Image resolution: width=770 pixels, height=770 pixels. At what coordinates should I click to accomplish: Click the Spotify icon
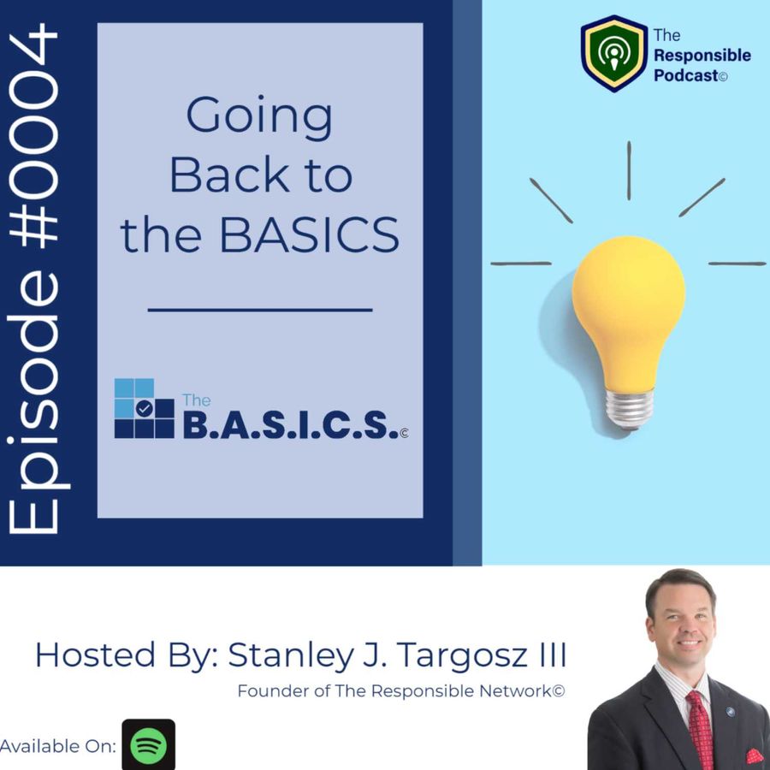tap(148, 744)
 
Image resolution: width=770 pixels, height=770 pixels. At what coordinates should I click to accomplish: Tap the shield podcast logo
tap(613, 53)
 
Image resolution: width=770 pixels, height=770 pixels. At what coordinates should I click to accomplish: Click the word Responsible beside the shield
tap(702, 56)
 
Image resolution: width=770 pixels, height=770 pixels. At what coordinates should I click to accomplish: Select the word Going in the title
tap(259, 117)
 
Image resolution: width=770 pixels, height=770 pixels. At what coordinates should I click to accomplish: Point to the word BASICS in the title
tap(309, 235)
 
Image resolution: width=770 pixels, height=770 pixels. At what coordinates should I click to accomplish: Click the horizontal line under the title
tap(260, 310)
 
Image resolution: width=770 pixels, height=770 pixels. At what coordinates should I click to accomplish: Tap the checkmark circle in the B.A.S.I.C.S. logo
tap(144, 408)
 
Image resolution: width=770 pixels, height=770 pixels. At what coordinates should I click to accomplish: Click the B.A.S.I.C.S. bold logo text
tap(290, 424)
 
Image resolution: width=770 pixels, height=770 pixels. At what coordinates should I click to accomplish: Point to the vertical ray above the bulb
tap(629, 170)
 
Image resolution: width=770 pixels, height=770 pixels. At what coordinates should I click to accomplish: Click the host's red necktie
tap(699, 729)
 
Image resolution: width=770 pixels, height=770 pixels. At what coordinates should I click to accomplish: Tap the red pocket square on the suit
tap(755, 756)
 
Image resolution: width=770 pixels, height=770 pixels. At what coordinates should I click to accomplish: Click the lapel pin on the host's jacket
tap(730, 712)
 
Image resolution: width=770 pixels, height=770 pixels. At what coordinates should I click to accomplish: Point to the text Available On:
tap(58, 746)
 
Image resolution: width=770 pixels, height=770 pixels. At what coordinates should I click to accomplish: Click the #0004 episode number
tap(33, 135)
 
